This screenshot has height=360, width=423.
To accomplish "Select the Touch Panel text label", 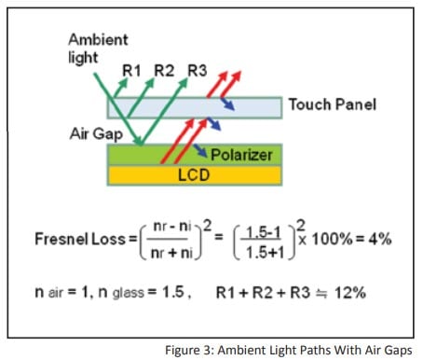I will point(331,104).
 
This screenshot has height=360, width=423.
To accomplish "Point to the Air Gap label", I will point(95,132).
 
